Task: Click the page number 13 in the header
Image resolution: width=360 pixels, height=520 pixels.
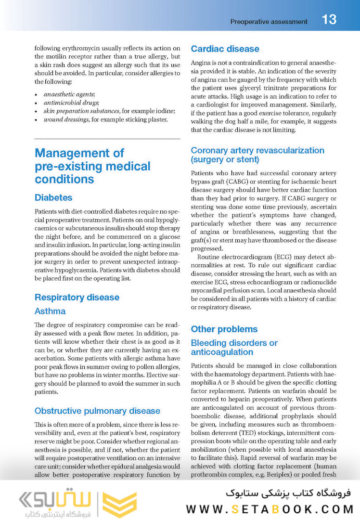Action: tap(329, 20)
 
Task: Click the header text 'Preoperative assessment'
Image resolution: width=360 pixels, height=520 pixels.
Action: tap(269, 22)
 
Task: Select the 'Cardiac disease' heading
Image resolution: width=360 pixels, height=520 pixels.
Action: tap(225, 49)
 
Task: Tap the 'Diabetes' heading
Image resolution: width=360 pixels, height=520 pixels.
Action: tap(53, 197)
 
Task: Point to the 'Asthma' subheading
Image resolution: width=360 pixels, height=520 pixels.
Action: tap(50, 311)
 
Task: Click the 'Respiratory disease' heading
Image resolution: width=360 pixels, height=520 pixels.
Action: tap(77, 297)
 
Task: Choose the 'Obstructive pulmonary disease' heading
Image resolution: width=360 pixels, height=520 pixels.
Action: tap(97, 411)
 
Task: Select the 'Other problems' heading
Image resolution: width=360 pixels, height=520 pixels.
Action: tap(224, 329)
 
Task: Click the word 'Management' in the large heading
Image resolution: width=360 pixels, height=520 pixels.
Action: tap(79, 153)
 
